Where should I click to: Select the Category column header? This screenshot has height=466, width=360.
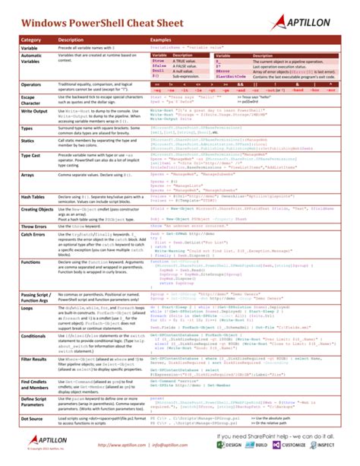click(x=31, y=39)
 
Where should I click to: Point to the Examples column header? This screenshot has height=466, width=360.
click(x=163, y=39)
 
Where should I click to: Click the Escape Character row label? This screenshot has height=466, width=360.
click(x=30, y=100)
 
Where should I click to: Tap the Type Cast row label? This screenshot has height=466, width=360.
click(x=31, y=155)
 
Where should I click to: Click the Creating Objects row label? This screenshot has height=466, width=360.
click(x=37, y=208)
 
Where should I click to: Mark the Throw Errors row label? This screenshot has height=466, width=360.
click(x=35, y=227)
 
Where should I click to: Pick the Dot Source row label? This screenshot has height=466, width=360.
click(x=33, y=418)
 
